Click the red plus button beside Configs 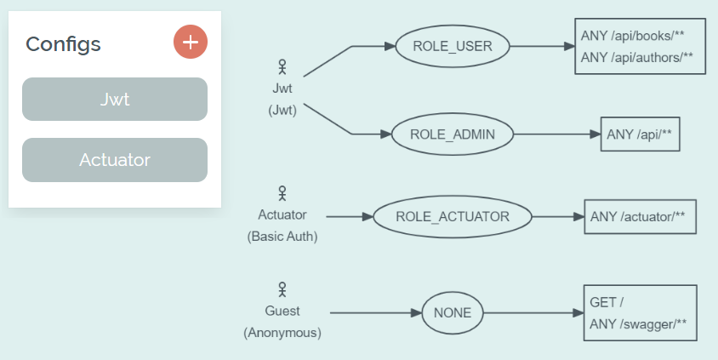pyautogui.click(x=191, y=42)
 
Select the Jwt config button pyautogui.click(x=115, y=100)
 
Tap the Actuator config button pyautogui.click(x=115, y=160)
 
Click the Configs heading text pyautogui.click(x=63, y=43)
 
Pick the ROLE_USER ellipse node pyautogui.click(x=453, y=46)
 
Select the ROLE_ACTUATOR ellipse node pyautogui.click(x=453, y=216)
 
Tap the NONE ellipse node pyautogui.click(x=453, y=312)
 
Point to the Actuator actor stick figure pyautogui.click(x=282, y=194)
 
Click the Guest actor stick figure pyautogui.click(x=282, y=290)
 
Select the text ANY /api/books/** pyautogui.click(x=632, y=37)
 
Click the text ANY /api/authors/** pyautogui.click(x=637, y=58)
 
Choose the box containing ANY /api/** pyautogui.click(x=640, y=134)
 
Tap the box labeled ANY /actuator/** pyautogui.click(x=640, y=216)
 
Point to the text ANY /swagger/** pyautogui.click(x=638, y=323)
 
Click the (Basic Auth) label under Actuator pyautogui.click(x=282, y=237)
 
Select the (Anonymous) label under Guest pyautogui.click(x=282, y=333)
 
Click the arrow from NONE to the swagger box pyautogui.click(x=533, y=312)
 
